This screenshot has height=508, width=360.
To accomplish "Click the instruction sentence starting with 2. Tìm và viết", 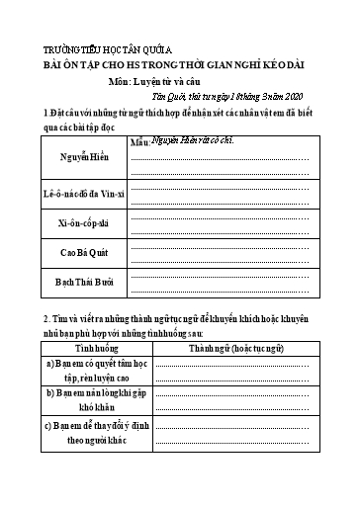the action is (x=168, y=321).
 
